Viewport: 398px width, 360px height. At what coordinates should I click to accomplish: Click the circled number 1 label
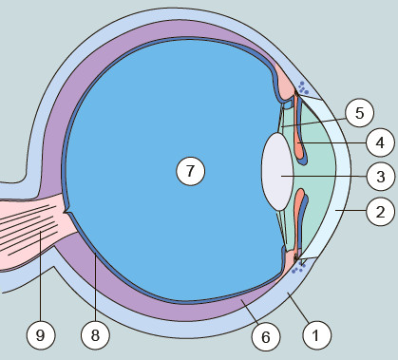317,335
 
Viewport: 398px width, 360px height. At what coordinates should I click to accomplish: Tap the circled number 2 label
380,211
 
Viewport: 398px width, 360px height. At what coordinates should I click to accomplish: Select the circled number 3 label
381,176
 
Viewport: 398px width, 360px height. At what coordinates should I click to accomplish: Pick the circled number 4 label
380,142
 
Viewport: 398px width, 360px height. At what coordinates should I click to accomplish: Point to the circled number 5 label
359,113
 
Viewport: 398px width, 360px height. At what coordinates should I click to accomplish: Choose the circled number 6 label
266,337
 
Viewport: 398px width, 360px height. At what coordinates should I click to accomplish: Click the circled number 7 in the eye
190,171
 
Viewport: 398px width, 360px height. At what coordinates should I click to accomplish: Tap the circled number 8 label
95,335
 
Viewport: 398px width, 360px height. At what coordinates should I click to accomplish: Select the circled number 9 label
41,335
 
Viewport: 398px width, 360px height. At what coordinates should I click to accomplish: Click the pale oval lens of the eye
277,172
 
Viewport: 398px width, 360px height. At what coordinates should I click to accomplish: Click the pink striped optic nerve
35,228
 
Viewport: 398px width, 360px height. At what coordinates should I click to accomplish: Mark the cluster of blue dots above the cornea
303,87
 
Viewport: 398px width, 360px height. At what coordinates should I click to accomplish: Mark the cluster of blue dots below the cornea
298,268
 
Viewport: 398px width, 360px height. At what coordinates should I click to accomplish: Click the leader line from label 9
41,276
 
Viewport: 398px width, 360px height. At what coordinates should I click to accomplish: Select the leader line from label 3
324,176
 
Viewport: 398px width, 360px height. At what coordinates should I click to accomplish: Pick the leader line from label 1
298,308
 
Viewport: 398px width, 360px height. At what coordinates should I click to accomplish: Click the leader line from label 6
251,312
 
